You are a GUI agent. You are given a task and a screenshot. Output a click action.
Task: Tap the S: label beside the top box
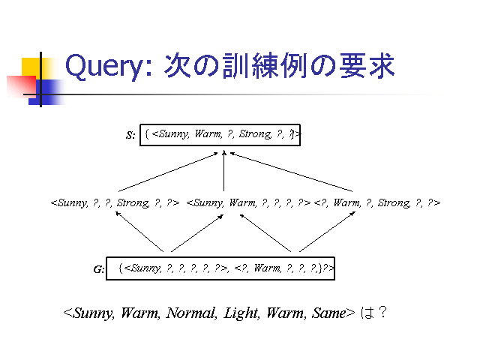[x=130, y=136]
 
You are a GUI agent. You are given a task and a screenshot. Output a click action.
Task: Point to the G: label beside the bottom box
[x=99, y=269]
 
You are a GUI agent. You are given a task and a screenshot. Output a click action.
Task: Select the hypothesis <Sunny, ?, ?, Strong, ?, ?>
[x=115, y=202]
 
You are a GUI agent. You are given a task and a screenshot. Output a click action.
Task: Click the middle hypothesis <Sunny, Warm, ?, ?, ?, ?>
[x=248, y=202]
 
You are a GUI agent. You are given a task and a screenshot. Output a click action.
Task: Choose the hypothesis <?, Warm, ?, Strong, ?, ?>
[x=377, y=202]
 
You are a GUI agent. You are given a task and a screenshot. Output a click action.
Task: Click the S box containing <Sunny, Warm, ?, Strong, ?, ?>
[x=221, y=134]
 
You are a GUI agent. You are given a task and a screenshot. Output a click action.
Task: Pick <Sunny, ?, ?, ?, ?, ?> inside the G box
[x=175, y=268]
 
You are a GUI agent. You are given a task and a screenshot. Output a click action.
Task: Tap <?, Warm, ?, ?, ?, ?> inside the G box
[x=277, y=268]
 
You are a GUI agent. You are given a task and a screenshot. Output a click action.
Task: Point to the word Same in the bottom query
[x=329, y=313]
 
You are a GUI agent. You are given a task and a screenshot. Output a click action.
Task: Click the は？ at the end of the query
[x=373, y=313]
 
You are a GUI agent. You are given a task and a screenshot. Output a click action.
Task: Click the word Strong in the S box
[x=254, y=134]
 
